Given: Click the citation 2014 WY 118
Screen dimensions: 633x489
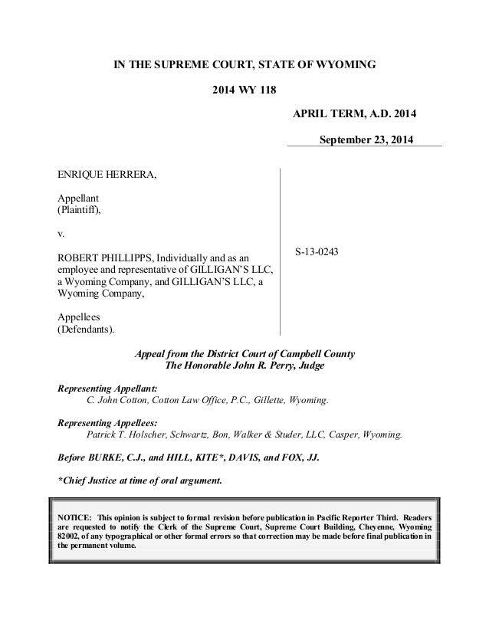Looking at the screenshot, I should (244, 89).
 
